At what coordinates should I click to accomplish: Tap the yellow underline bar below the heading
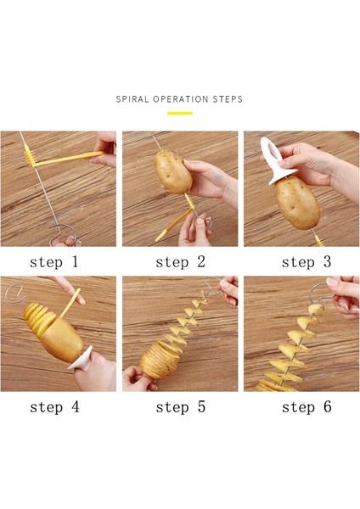pos(179,113)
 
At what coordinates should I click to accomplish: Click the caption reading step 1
pos(54,262)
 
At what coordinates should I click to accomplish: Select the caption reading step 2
pos(179,262)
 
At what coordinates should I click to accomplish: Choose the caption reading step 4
pos(54,407)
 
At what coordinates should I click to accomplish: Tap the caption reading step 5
pos(179,407)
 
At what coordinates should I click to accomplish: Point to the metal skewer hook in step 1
pos(58,229)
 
